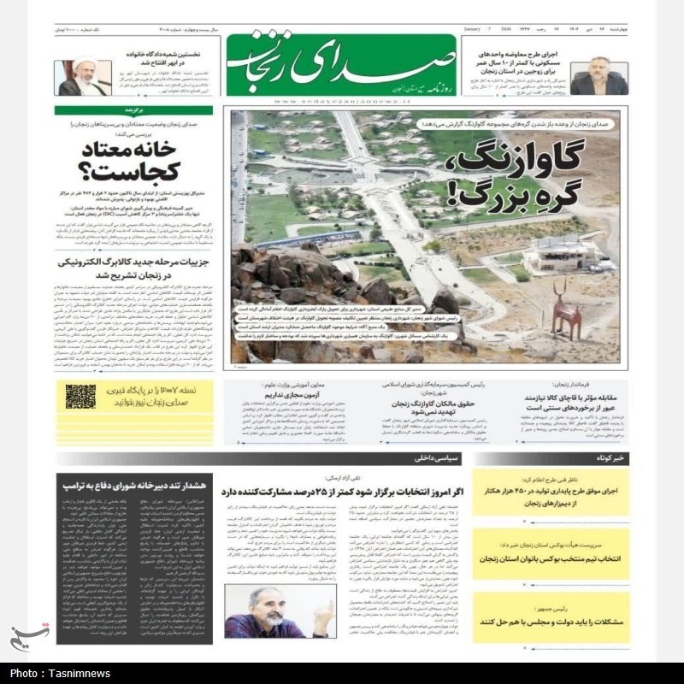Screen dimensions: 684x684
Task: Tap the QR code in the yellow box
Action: (x=81, y=395)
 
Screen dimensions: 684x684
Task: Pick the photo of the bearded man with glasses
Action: (x=280, y=611)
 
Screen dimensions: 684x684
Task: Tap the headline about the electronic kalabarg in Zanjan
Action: (x=134, y=270)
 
